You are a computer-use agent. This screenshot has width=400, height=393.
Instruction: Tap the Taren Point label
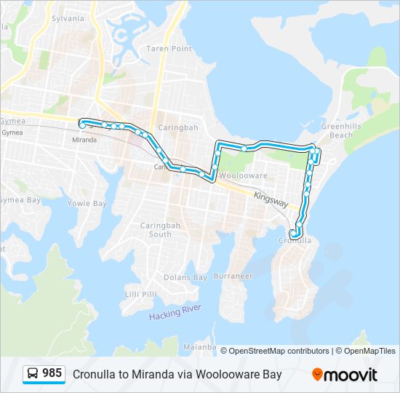pyautogui.click(x=169, y=49)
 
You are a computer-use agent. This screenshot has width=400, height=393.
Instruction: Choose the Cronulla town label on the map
pyautogui.click(x=294, y=240)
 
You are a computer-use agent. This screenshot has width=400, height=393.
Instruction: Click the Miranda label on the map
pyautogui.click(x=84, y=139)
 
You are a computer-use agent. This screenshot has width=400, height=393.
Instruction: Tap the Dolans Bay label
pyautogui.click(x=185, y=277)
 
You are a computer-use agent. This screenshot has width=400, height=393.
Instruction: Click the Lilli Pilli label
pyautogui.click(x=140, y=293)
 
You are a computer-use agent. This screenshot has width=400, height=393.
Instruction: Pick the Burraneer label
pyautogui.click(x=233, y=277)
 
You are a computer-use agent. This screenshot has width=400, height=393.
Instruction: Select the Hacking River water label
pyautogui.click(x=175, y=314)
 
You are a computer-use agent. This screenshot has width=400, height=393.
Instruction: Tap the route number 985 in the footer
pyautogui.click(x=52, y=373)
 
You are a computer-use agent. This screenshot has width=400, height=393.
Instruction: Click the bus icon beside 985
pyautogui.click(x=33, y=374)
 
